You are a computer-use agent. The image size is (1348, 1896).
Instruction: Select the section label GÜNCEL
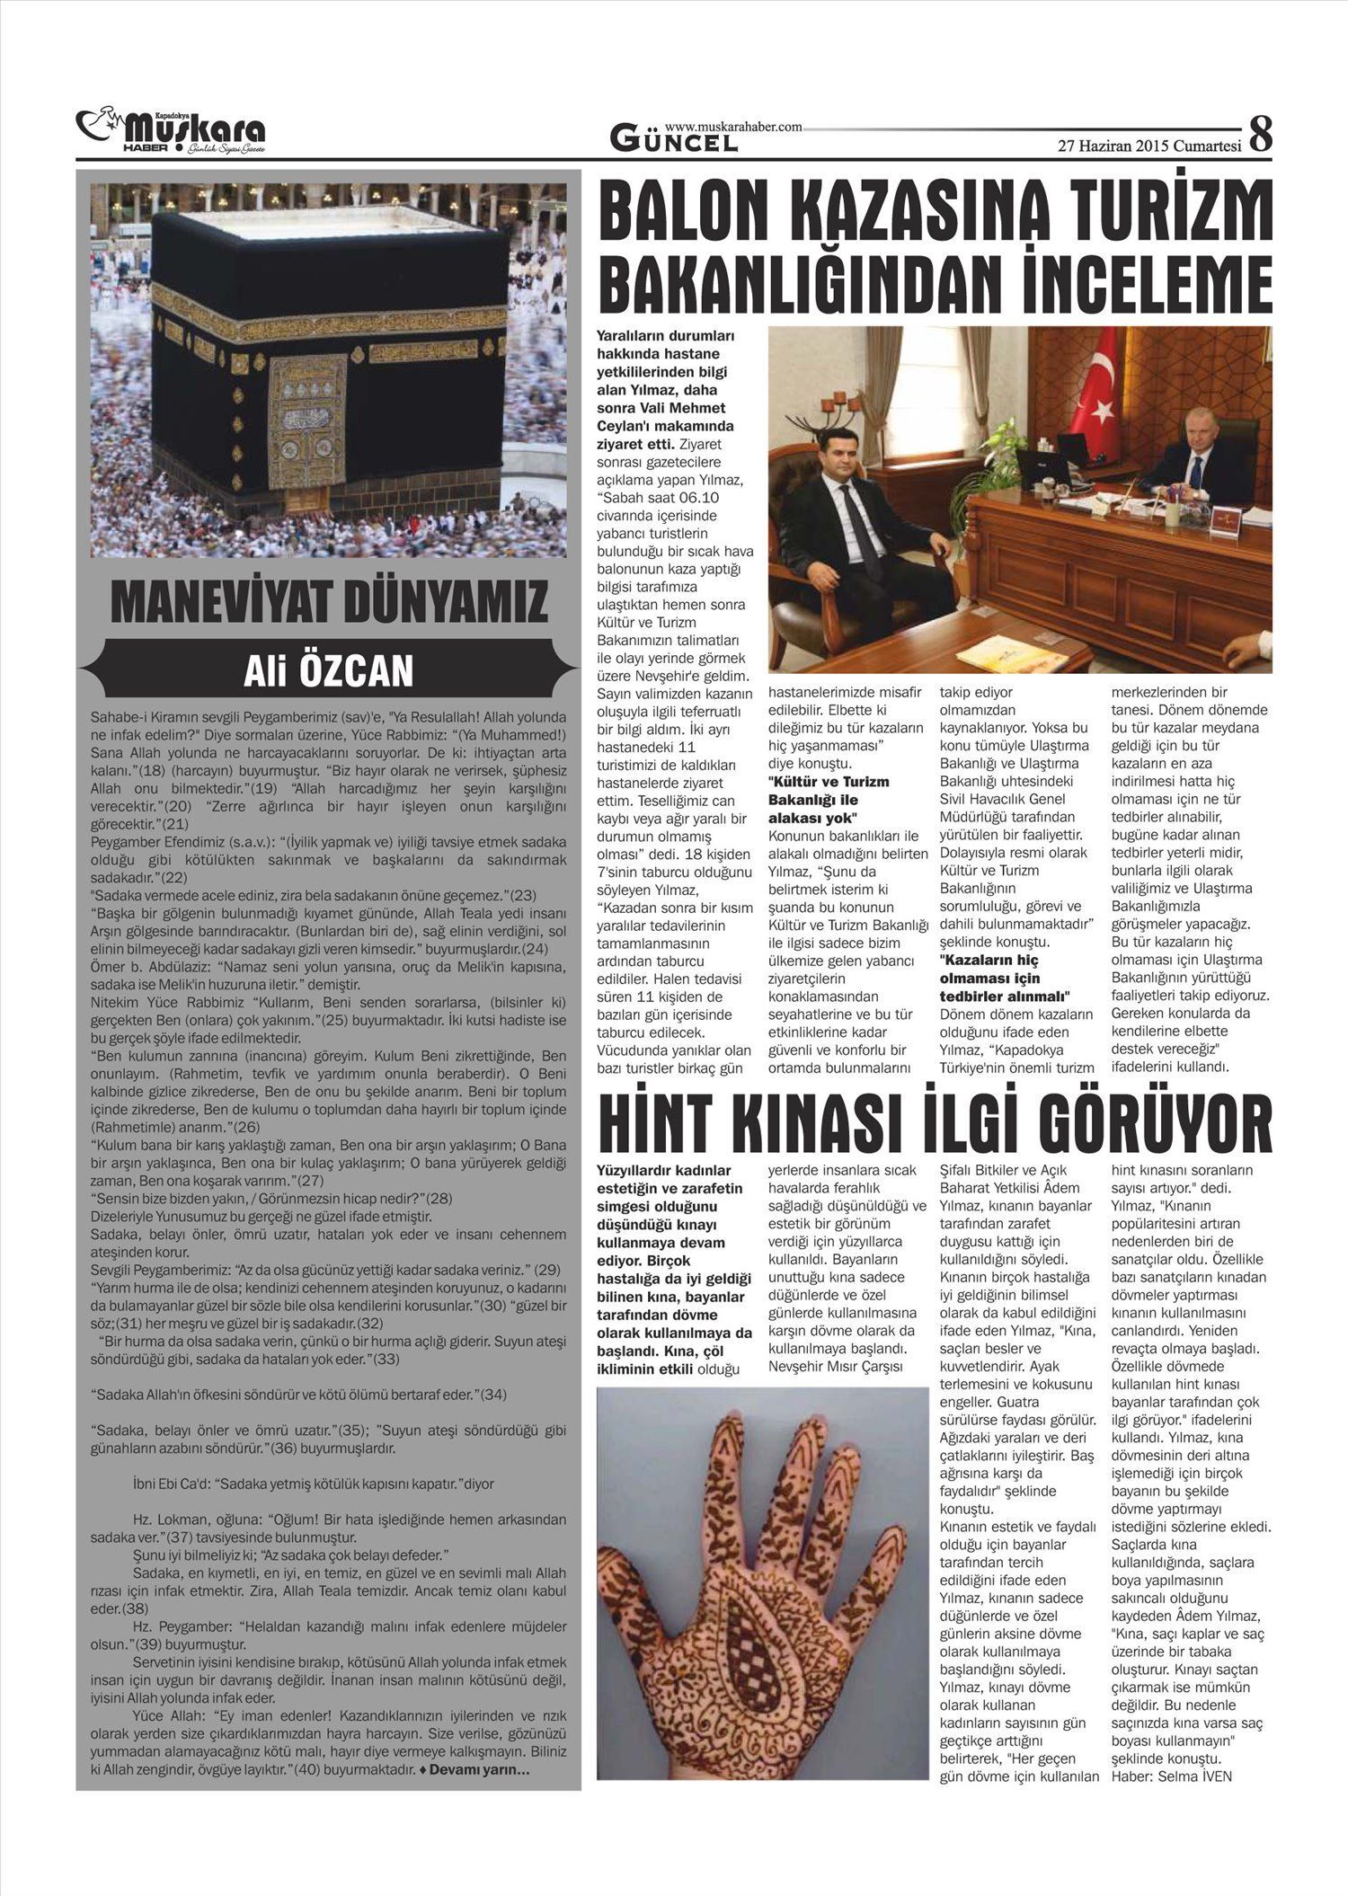pyautogui.click(x=674, y=141)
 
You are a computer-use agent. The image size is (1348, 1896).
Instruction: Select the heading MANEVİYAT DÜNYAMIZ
pyautogui.click(x=328, y=602)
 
